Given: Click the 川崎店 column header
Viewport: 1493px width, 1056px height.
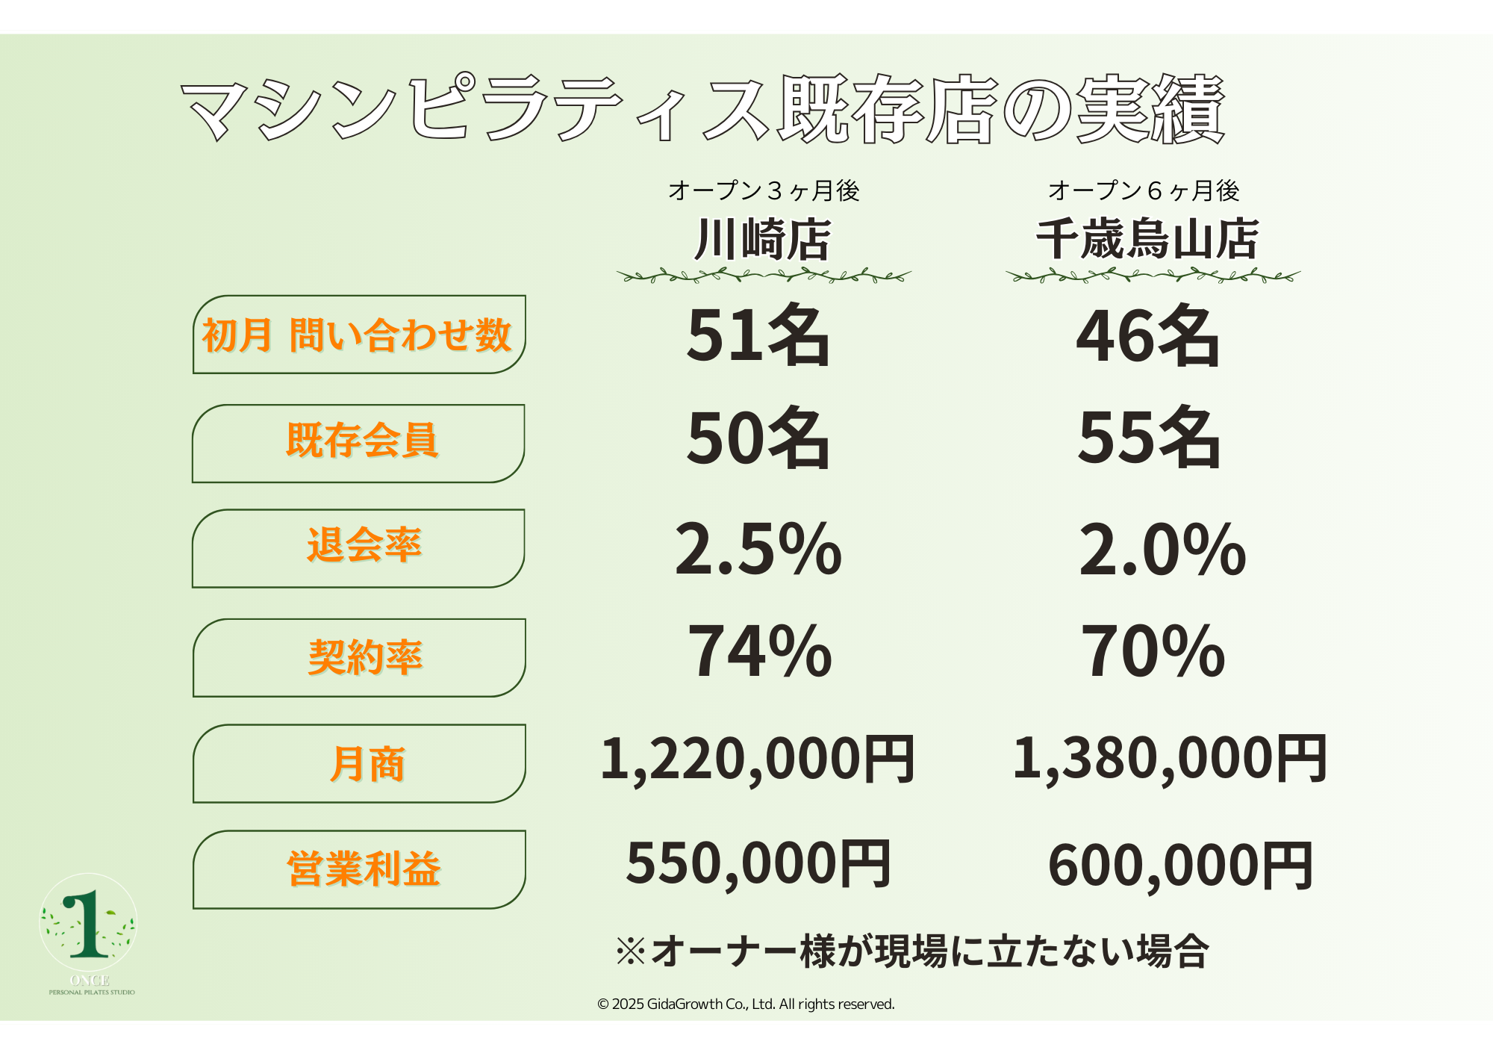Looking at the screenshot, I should point(762,240).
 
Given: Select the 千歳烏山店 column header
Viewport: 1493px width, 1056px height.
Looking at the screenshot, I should point(1147,240).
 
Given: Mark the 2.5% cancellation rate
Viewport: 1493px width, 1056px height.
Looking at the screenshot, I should point(758,550).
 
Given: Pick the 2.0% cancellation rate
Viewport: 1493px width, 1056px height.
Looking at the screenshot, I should point(1162,550).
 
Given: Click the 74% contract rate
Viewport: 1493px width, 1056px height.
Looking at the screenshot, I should point(759,652).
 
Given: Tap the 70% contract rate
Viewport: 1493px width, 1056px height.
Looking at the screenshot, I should point(1153,652).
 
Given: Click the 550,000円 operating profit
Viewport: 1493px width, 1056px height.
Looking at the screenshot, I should point(758,864).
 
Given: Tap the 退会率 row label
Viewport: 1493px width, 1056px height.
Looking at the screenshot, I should point(364,545).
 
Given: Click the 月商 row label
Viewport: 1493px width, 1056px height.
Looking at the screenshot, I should point(367,764).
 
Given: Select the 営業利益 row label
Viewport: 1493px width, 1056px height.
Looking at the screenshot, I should point(364,869).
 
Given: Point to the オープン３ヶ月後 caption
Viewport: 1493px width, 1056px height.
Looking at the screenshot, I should point(763,191).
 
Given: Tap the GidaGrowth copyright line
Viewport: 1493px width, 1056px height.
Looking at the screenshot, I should point(746,1004).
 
